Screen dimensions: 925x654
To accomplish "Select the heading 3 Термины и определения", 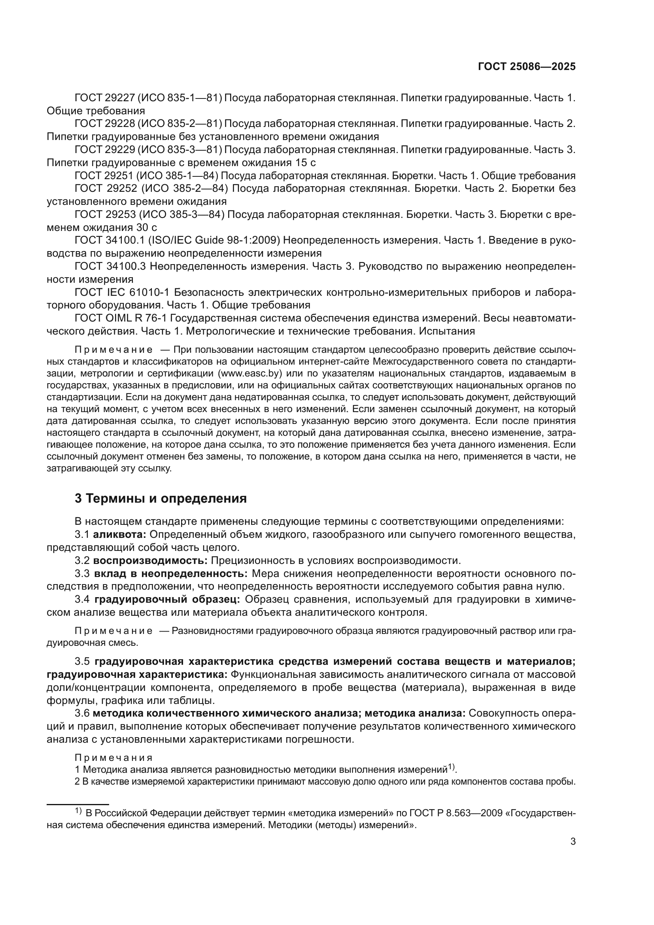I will pyautogui.click(x=161, y=498).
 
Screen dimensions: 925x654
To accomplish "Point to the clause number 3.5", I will pyautogui.click(x=83, y=662).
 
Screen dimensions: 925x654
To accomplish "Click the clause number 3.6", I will pyautogui.click(x=82, y=713).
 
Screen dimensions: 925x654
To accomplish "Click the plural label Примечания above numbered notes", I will pyautogui.click(x=113, y=758).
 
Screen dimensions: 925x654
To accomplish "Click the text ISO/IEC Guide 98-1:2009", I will pyautogui.click(x=214, y=240).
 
